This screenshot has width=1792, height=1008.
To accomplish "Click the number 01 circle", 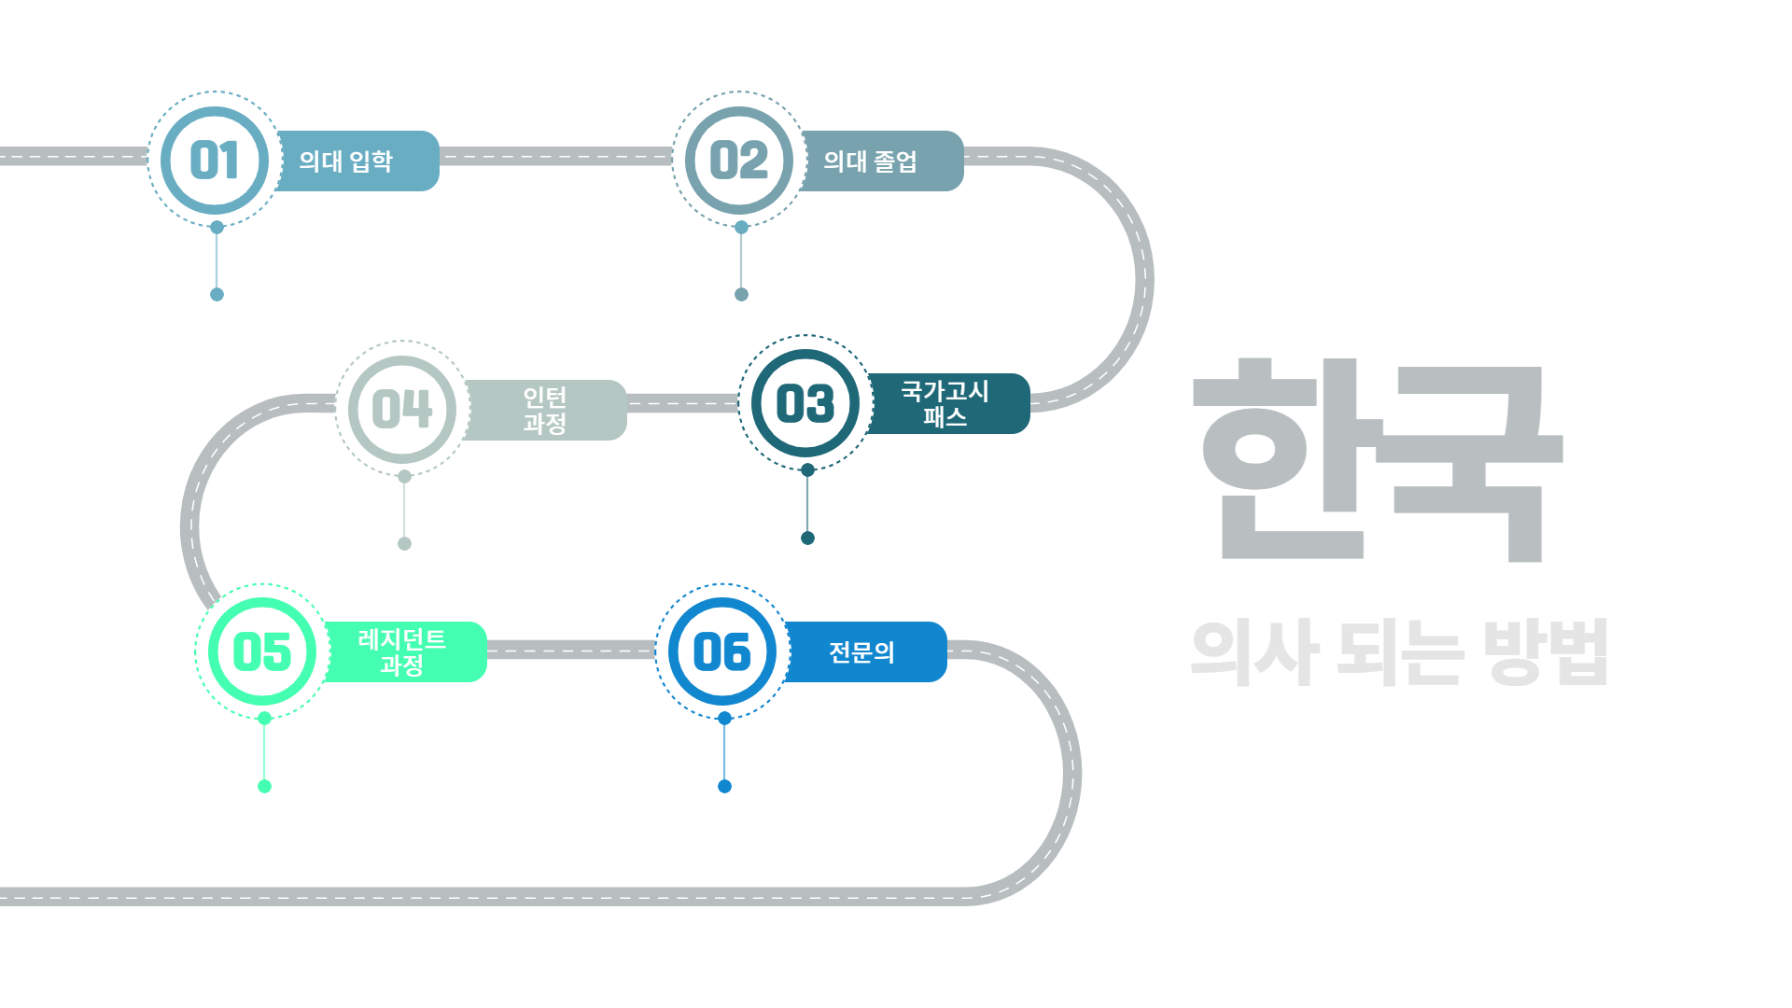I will [x=215, y=160].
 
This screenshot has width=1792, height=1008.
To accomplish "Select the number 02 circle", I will [x=739, y=160].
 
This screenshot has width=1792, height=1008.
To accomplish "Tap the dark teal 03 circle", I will [x=805, y=403].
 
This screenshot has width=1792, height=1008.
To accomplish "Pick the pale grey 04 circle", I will [x=402, y=409].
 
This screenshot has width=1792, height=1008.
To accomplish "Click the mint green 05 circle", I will [x=262, y=651].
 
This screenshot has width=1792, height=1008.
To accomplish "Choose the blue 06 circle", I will [x=722, y=651].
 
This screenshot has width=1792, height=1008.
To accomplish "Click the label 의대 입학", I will [x=346, y=161].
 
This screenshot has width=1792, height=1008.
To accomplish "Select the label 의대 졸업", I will [x=871, y=161].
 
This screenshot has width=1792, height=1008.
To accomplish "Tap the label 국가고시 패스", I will [x=945, y=404].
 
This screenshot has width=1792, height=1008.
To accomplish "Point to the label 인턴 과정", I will [x=545, y=411].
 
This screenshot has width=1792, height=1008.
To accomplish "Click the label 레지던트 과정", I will [x=402, y=652].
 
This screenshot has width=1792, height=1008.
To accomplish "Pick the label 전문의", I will [x=862, y=652].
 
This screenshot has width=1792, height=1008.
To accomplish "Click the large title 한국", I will [x=1378, y=459].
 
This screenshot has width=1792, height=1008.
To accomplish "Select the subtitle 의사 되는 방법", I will [x=1399, y=652].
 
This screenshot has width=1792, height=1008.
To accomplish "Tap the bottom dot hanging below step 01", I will [x=217, y=295].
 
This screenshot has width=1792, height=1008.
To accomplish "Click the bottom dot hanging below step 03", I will [x=808, y=538].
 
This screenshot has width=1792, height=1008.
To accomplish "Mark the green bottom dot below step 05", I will [x=264, y=786].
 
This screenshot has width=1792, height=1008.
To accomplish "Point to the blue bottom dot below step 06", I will [x=724, y=786].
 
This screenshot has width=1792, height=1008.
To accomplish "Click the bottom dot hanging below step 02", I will [x=741, y=295].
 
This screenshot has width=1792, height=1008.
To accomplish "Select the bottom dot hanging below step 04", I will [x=404, y=543].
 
